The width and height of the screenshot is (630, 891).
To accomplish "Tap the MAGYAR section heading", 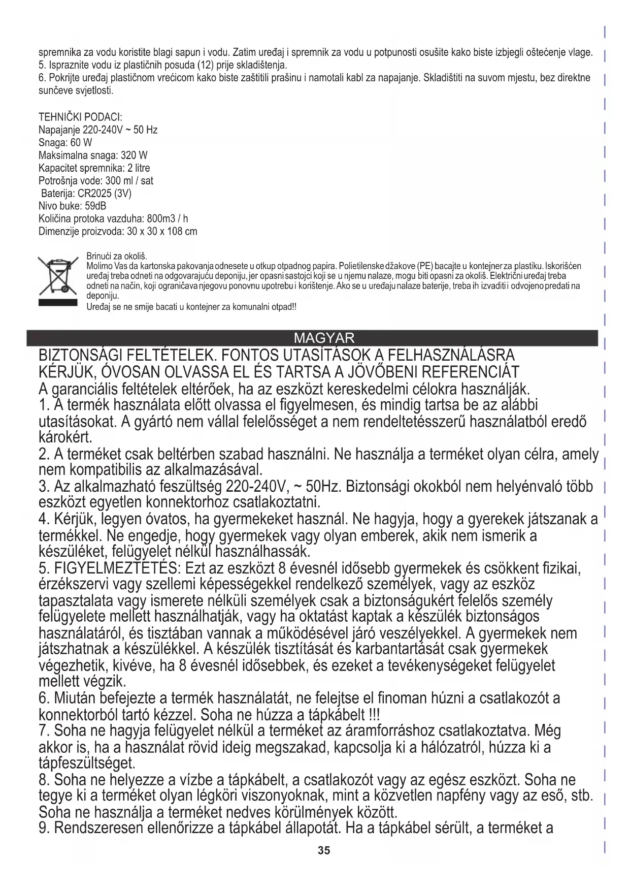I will coord(324,338).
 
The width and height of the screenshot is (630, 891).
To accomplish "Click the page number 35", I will coord(324,850).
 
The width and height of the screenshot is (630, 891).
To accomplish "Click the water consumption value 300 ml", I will coord(122,181).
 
